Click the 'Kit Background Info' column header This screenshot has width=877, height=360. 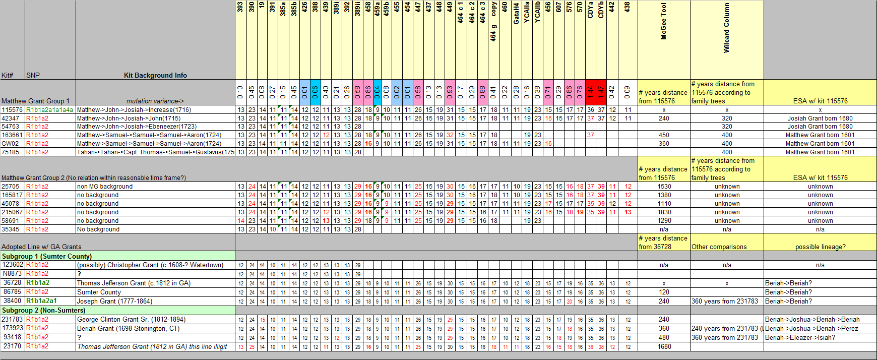pyautogui.click(x=155, y=75)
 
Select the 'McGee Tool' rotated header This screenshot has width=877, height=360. pyautogui.click(x=663, y=22)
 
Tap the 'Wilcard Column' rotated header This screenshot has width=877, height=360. pyautogui.click(x=726, y=28)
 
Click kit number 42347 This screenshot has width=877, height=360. pyautogui.click(x=11, y=118)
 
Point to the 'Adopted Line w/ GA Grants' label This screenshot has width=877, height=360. pyautogui.click(x=41, y=247)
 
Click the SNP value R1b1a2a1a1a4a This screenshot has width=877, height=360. pyautogui.click(x=49, y=110)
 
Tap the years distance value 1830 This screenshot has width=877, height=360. pyautogui.click(x=664, y=212)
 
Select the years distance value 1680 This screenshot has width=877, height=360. pyautogui.click(x=664, y=347)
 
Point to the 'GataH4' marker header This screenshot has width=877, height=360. pyautogui.click(x=516, y=13)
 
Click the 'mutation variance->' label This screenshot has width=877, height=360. pyautogui.click(x=155, y=101)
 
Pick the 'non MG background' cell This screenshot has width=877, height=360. pyautogui.click(x=105, y=187)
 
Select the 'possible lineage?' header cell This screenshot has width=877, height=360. pyautogui.click(x=820, y=247)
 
